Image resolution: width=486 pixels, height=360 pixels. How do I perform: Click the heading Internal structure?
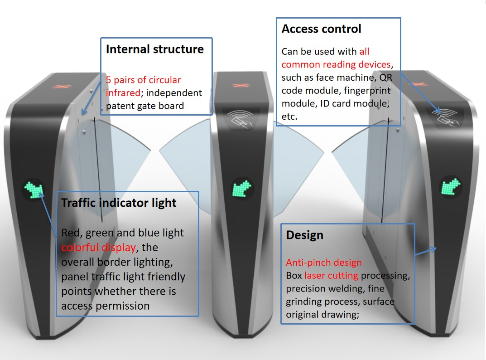tap(154, 49)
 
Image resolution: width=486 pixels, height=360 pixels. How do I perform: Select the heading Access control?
tap(322, 29)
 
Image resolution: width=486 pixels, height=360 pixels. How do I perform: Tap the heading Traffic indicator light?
tap(119, 203)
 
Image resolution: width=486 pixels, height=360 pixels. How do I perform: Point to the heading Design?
tap(305, 235)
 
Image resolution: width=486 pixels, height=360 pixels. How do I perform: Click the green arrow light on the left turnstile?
tap(34, 190)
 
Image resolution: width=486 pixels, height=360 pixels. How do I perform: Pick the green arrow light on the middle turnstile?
tap(242, 189)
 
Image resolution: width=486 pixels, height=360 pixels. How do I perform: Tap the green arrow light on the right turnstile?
tap(451, 187)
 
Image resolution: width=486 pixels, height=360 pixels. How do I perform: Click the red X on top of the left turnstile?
tap(63, 86)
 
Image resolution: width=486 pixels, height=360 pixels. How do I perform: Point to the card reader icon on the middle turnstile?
tap(240, 120)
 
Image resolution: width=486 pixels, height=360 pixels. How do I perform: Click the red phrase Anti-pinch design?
tap(324, 263)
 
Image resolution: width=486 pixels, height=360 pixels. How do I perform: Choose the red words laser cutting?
tap(332, 276)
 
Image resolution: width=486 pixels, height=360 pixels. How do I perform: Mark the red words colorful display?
tap(99, 248)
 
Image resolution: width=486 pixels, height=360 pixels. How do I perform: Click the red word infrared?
tap(123, 93)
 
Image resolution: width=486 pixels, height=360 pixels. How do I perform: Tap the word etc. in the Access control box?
tap(289, 117)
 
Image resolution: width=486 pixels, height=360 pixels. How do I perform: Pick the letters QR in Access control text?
tap(386, 78)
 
